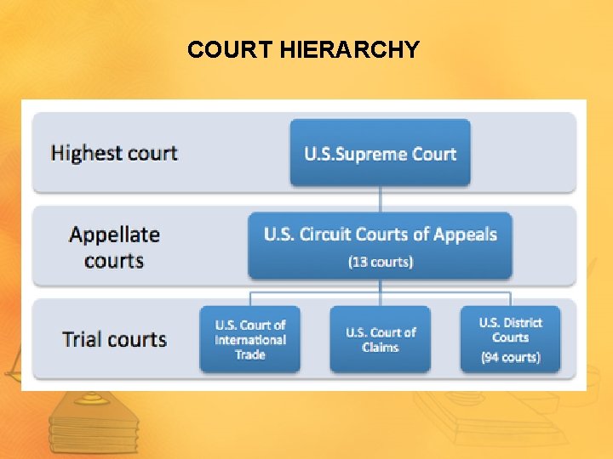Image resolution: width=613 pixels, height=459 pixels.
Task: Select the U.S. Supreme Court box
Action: [381, 153]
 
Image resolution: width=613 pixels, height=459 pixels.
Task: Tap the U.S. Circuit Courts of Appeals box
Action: [380, 246]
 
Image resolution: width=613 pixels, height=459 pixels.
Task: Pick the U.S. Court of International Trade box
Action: [250, 339]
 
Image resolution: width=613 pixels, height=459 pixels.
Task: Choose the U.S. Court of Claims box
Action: [380, 339]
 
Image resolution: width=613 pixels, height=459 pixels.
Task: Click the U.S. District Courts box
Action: [510, 339]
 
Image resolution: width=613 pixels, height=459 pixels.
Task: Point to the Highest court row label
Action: [114, 153]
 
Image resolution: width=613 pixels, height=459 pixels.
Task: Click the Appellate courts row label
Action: [114, 246]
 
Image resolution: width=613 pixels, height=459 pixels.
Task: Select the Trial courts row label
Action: [114, 339]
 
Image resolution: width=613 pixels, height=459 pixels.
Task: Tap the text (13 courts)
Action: [381, 262]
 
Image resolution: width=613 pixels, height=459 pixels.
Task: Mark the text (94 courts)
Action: [510, 357]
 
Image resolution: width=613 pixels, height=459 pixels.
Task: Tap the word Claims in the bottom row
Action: [380, 347]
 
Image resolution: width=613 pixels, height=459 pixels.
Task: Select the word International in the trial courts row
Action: [250, 340]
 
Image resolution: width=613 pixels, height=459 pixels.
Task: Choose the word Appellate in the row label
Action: [114, 235]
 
